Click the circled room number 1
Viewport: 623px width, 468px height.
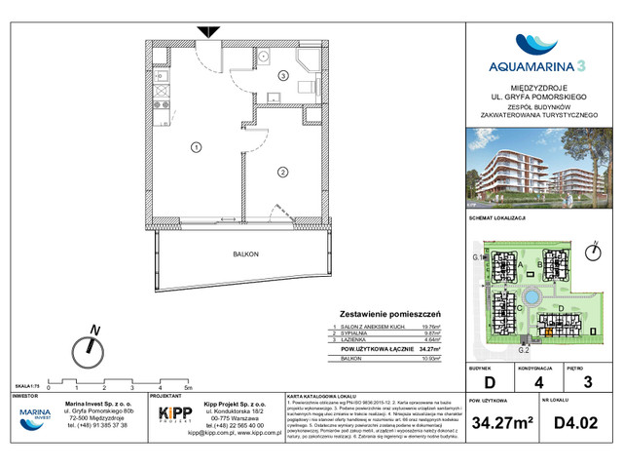point(196,148)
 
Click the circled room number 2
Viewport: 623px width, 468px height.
point(281,173)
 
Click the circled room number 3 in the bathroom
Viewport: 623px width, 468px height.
point(283,75)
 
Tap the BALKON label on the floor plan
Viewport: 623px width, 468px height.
point(246,254)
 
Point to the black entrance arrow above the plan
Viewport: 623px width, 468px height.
point(208,33)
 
